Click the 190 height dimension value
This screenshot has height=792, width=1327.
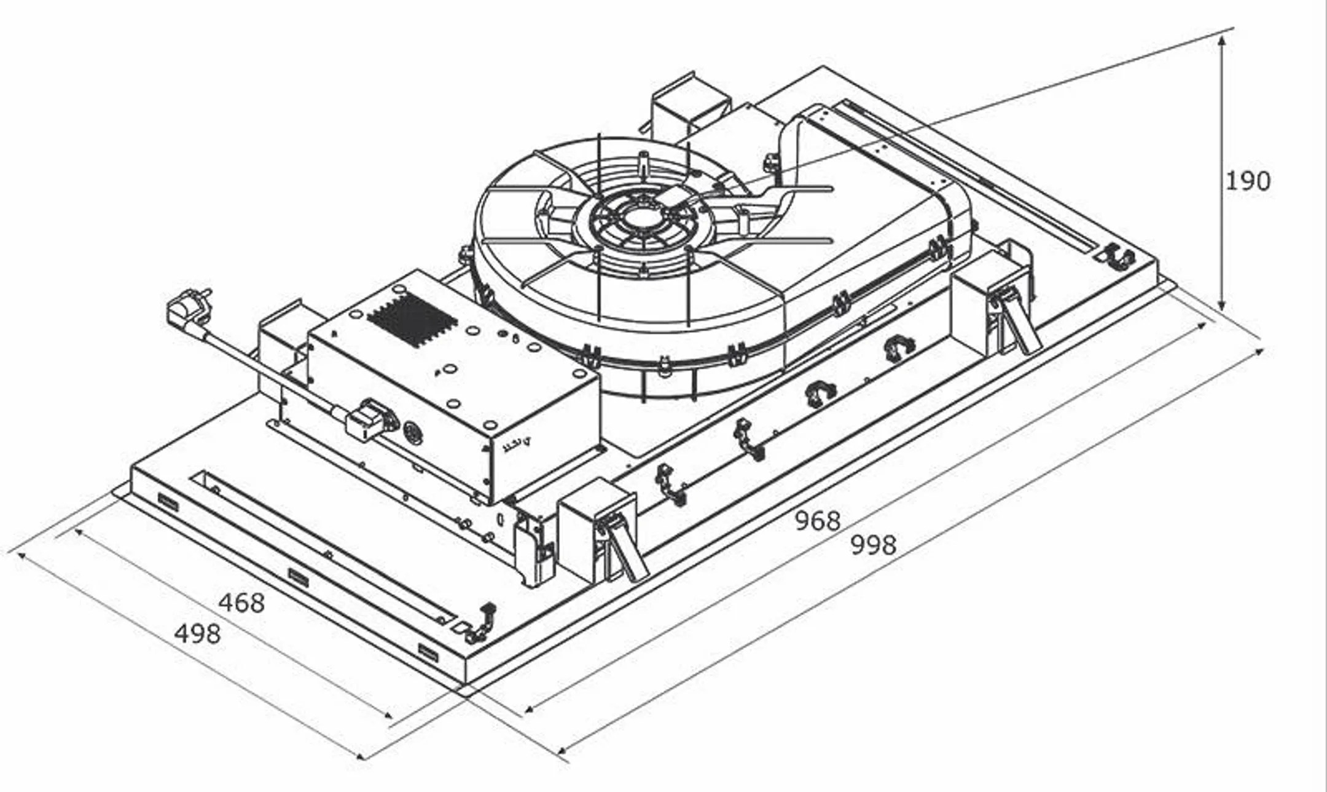coord(1247,181)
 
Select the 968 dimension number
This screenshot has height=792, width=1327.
coord(817,521)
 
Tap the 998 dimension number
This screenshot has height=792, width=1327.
coord(873,545)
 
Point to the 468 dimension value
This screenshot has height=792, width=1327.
coord(241,603)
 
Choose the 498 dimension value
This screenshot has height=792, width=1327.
coord(197,633)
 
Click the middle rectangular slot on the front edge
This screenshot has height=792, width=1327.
coord(299,577)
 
